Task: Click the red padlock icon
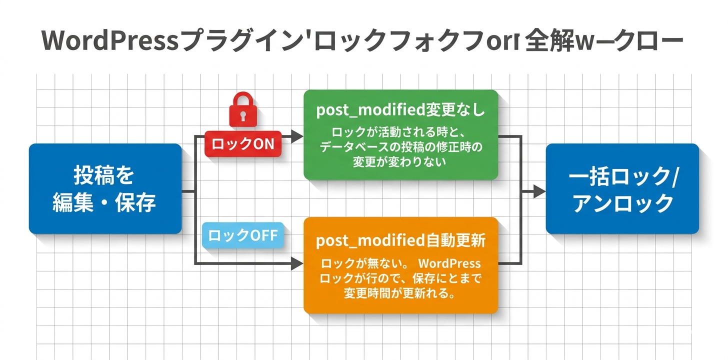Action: [242, 111]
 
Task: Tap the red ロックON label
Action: [242, 144]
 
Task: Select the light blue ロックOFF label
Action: [242, 235]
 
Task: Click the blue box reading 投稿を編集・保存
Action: [105, 189]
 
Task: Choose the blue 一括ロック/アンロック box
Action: [622, 189]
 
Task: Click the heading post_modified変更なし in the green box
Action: [400, 110]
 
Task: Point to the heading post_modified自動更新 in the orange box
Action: [400, 241]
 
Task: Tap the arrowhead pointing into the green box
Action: [298, 135]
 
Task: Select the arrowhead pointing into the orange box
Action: [298, 263]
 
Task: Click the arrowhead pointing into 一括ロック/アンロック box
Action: [539, 191]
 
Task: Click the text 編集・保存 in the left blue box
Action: [105, 202]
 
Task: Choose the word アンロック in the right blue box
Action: [622, 203]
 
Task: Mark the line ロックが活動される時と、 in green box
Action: [400, 133]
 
